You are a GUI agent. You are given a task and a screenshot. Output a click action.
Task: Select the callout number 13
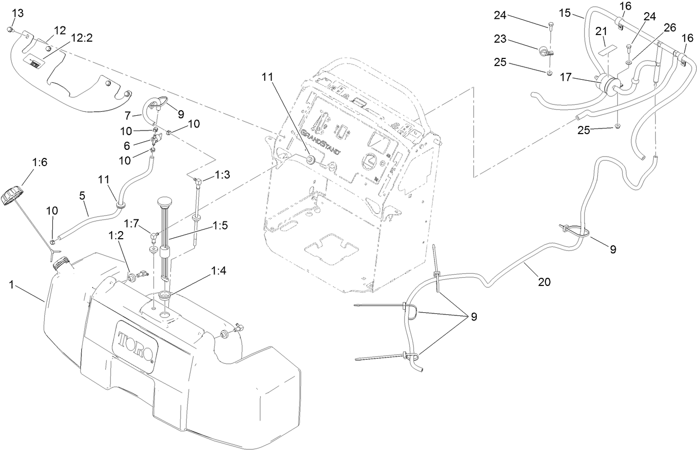pos(17,12)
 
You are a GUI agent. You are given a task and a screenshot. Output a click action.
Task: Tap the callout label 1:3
pos(222,175)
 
